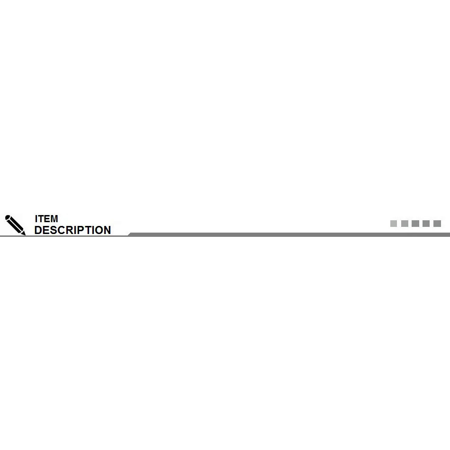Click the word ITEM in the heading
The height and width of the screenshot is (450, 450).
pyautogui.click(x=46, y=219)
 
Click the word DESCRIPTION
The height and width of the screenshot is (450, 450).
pyautogui.click(x=72, y=230)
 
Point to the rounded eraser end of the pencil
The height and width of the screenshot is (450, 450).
pyautogui.click(x=8, y=218)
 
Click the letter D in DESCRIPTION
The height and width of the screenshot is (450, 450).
pyautogui.click(x=38, y=230)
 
